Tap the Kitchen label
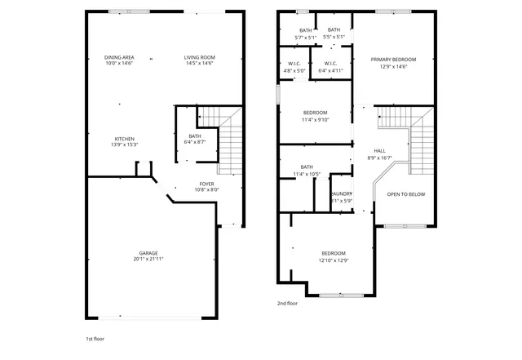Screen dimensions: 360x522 (125, 139)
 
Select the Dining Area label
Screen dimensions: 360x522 (119, 57)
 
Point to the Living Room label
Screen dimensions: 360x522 (199, 57)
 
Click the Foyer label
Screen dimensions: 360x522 (206, 184)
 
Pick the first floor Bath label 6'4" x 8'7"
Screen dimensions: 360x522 (195, 136)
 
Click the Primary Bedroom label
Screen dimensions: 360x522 (393, 60)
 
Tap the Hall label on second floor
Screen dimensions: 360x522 (380, 151)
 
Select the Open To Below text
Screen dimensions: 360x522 (405, 194)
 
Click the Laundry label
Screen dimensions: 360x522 (341, 194)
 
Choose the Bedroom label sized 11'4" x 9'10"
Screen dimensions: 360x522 (316, 112)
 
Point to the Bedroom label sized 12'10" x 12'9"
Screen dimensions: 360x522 (333, 253)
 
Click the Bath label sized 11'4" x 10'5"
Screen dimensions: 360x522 (307, 167)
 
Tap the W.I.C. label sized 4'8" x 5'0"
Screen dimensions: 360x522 (294, 64)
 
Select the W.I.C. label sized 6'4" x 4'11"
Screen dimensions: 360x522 (331, 64)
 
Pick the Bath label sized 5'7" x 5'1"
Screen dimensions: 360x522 (305, 30)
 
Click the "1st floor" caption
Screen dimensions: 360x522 (95, 338)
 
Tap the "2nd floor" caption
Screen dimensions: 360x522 (287, 303)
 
